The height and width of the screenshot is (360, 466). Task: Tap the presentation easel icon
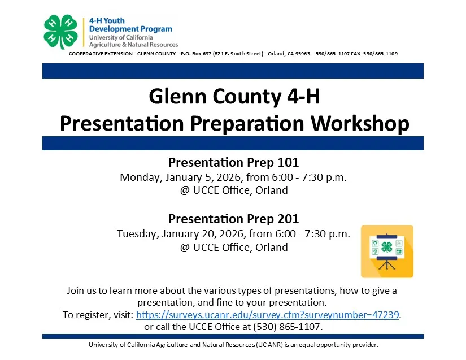[x=387, y=251]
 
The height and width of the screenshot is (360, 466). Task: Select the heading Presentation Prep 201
[x=233, y=219]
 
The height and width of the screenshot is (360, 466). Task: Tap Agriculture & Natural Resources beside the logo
[x=133, y=45]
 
